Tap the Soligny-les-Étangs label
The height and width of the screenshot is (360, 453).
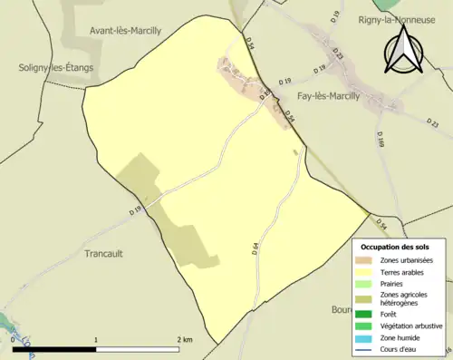tap(55, 67)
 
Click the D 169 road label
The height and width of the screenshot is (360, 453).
tap(381, 139)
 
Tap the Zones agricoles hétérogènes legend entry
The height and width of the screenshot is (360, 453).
tap(403, 299)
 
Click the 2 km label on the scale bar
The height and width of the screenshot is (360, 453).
tap(184, 339)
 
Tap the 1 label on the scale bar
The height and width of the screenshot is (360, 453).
tap(96, 339)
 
